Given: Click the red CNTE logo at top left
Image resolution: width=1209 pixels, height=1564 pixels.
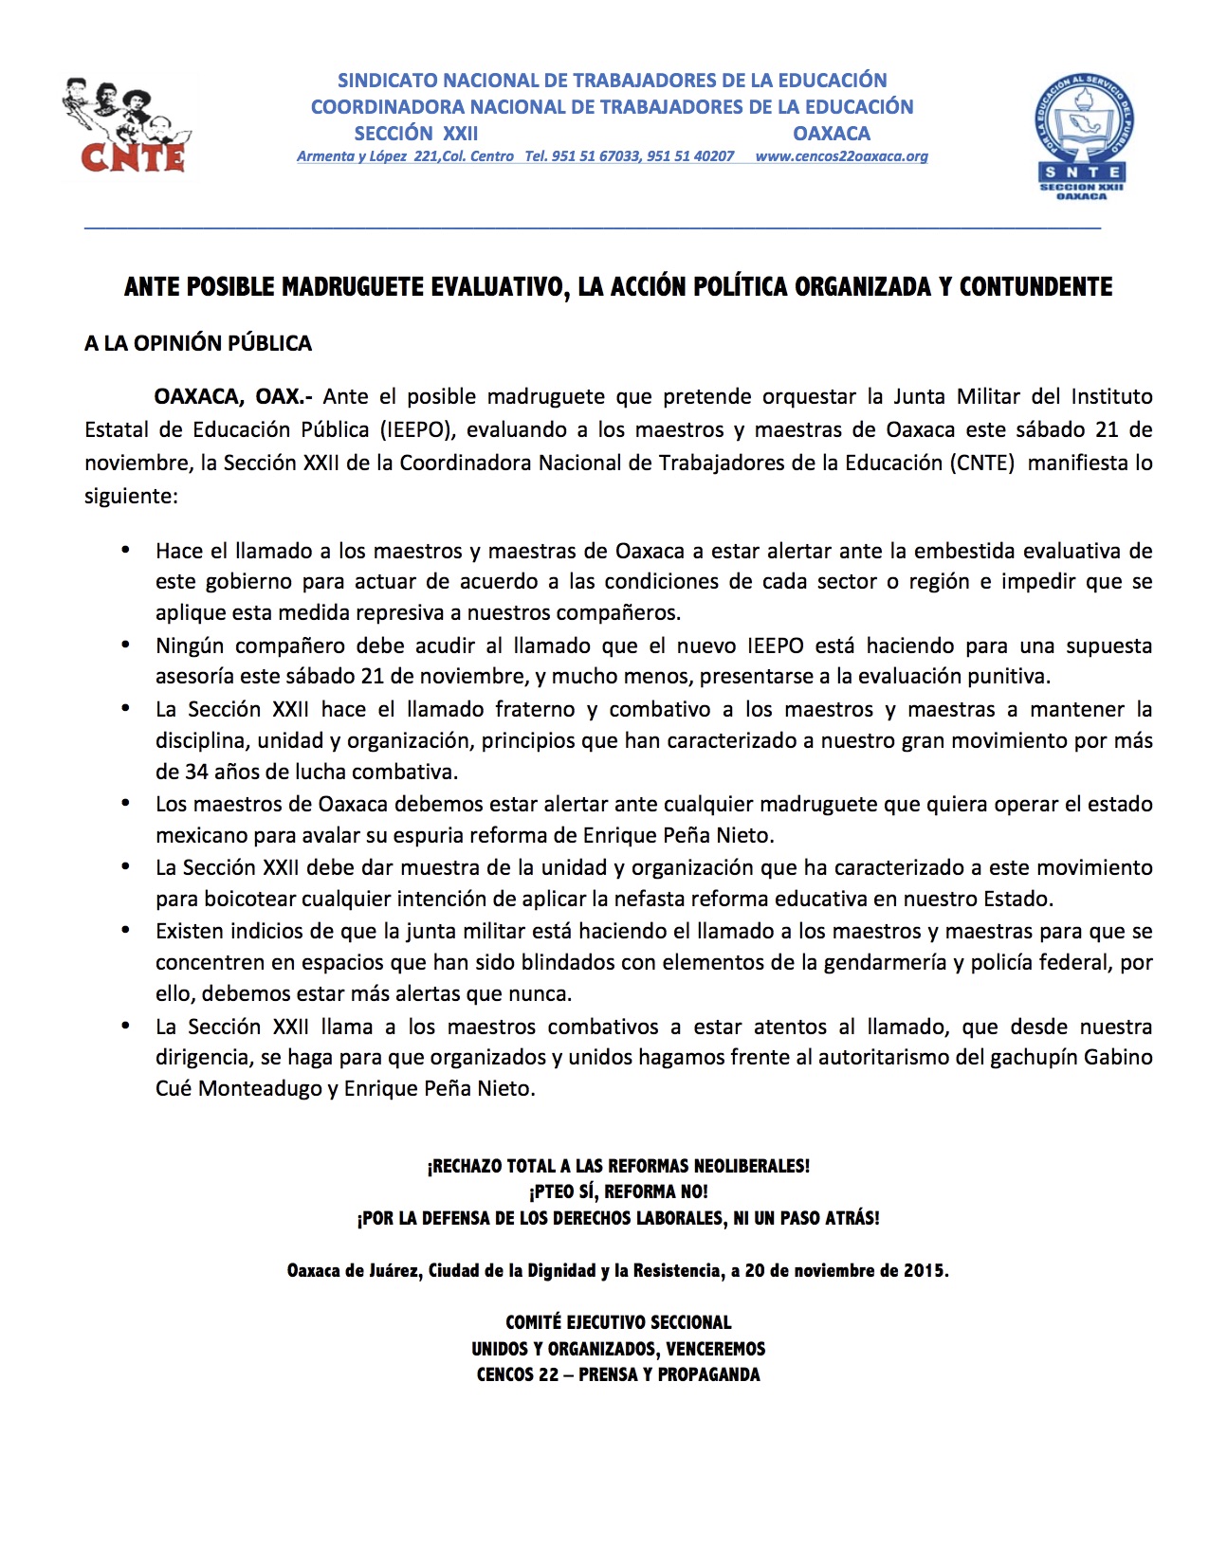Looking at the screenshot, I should [x=128, y=125].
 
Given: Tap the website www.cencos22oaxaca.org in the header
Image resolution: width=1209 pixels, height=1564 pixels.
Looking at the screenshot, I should [x=841, y=156].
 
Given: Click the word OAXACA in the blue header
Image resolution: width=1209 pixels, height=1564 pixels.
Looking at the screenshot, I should [x=832, y=133].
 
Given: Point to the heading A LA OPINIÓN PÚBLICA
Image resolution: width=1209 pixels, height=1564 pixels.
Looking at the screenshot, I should [x=197, y=343].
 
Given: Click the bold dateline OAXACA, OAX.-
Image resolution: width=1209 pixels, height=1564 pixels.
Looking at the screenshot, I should [x=233, y=396].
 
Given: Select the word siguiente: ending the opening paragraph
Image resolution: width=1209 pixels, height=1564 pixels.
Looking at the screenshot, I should [x=131, y=496].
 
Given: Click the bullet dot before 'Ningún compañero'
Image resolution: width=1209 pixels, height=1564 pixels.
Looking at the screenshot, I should [x=125, y=646].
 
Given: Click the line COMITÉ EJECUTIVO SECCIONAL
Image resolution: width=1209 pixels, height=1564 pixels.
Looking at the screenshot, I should [x=618, y=1322].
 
